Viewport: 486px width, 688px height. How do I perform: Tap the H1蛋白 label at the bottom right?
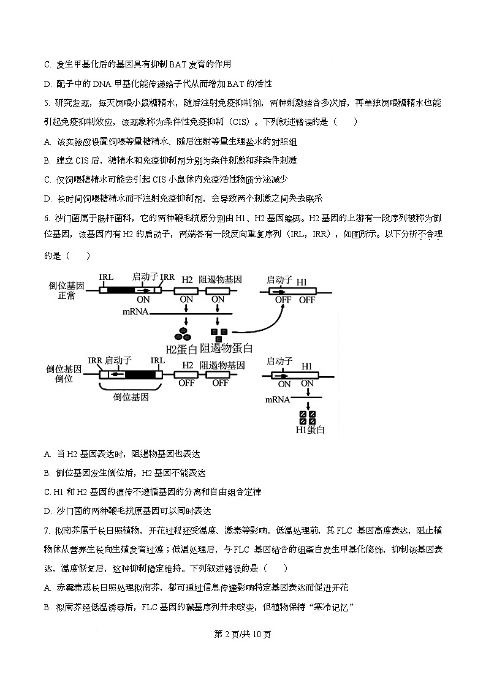tap(309, 429)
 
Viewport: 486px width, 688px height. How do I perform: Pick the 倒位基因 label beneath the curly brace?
tap(131, 397)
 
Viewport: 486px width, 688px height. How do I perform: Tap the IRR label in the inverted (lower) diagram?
tap(95, 360)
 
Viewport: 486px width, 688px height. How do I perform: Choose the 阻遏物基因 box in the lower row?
tap(219, 372)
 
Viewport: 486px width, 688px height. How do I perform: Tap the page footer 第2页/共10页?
tap(243, 633)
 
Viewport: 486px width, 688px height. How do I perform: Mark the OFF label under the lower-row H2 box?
tap(186, 383)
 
